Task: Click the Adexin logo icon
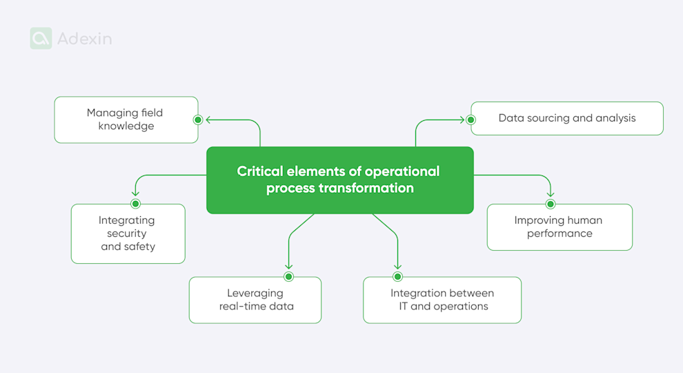(41, 39)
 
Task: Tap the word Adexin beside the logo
(84, 39)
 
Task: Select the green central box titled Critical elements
(339, 180)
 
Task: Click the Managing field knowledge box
(126, 119)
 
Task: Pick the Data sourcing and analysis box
(566, 118)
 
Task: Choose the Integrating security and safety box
(128, 233)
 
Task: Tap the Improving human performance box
(559, 227)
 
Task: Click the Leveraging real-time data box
(256, 300)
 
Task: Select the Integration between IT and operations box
(442, 300)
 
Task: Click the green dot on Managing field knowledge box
(198, 119)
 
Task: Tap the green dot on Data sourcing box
(471, 119)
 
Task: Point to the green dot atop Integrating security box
(135, 204)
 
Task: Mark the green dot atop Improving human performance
(551, 204)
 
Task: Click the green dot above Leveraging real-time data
(288, 276)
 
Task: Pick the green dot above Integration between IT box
(397, 276)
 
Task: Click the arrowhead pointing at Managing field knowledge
(209, 119)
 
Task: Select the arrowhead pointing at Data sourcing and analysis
(462, 119)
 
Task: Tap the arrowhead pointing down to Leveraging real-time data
(288, 266)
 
